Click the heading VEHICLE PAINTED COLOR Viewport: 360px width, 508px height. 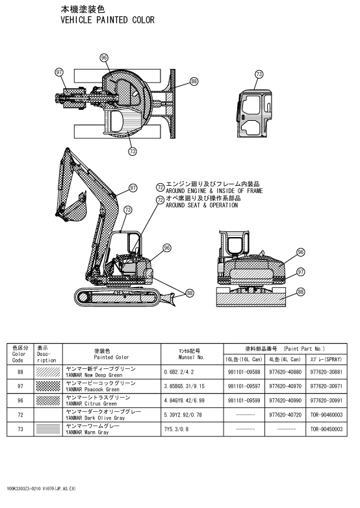pos(108,20)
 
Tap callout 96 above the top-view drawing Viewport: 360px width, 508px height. pos(104,58)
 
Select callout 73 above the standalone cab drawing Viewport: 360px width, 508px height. pos(259,74)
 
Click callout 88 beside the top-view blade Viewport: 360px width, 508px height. pos(194,81)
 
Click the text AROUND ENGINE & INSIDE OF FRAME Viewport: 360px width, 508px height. pos(214,191)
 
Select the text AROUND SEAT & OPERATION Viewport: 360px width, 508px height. pos(201,205)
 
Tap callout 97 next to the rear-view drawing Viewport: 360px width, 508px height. pos(301,272)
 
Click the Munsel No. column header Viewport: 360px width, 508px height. pos(192,357)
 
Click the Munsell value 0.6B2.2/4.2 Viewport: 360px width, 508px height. pos(179,372)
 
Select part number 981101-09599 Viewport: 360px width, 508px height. pos(244,400)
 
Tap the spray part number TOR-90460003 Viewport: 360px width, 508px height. pos(326,414)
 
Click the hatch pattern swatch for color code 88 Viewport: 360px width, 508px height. pos(48,372)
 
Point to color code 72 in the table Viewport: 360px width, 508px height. pos(20,414)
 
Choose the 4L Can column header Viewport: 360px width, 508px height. pos(285,359)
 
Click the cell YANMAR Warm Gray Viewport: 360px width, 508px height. pos(87,432)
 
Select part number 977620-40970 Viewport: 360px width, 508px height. pos(285,386)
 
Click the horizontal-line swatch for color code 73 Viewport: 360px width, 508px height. pos(48,429)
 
